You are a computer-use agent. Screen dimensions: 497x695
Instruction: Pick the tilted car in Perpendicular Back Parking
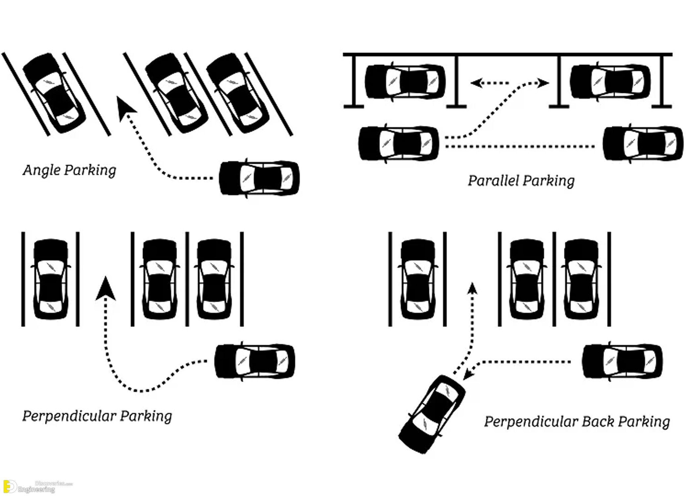tap(432, 414)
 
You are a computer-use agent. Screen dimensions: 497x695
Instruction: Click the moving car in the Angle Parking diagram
tap(259, 179)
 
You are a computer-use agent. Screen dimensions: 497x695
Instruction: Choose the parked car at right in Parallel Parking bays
tap(610, 81)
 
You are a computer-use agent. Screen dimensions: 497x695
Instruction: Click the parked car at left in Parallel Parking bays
tap(405, 81)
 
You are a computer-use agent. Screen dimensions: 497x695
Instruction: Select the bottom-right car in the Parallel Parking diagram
tap(643, 143)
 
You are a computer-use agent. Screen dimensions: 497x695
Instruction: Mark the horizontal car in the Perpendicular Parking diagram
tap(255, 361)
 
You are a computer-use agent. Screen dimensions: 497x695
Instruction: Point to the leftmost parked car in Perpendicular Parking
tap(51, 279)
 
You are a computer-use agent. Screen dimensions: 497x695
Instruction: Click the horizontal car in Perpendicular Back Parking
tap(622, 361)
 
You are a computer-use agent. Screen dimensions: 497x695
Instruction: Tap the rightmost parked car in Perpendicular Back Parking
tap(581, 279)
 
